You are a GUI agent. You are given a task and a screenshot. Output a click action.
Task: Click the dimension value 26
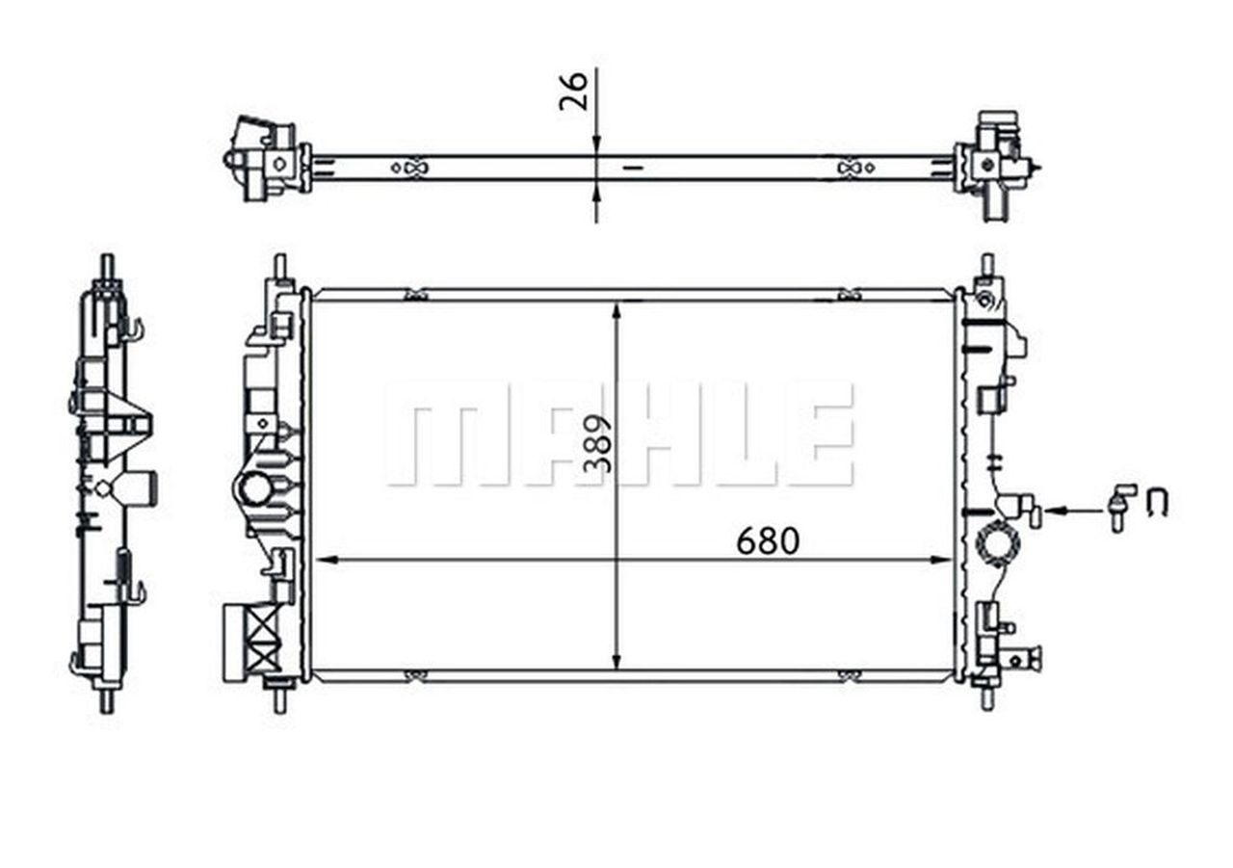574,92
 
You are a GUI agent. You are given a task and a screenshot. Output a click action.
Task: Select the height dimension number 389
598,444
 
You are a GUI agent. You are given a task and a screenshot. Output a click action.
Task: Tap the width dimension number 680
768,542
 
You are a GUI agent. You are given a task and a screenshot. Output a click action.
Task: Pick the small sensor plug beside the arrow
1120,507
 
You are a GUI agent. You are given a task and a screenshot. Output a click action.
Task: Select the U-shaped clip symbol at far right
1158,502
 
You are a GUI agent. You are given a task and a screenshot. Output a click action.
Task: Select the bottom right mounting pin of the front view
986,696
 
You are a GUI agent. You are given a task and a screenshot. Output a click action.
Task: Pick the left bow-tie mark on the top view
408,168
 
